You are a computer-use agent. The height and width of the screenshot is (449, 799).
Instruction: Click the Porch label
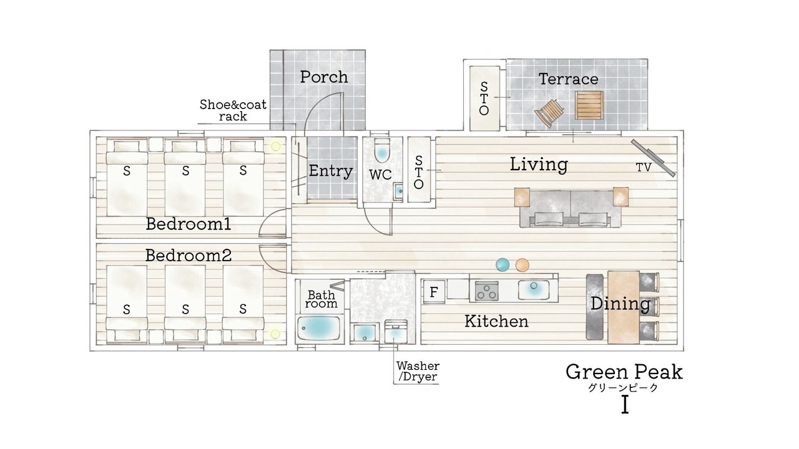click(324, 77)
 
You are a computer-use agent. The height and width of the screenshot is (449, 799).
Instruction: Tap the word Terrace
click(568, 79)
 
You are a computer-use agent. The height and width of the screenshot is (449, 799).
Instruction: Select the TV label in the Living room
click(644, 167)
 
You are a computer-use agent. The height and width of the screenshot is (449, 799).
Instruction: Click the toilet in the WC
click(382, 150)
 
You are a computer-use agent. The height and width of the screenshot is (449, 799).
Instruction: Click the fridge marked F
click(434, 292)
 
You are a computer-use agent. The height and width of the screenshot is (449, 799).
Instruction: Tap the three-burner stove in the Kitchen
click(486, 291)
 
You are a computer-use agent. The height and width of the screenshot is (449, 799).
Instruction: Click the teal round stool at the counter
click(502, 264)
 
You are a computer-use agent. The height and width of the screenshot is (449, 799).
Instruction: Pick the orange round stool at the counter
click(522, 265)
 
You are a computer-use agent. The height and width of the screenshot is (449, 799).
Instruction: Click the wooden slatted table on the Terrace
click(589, 105)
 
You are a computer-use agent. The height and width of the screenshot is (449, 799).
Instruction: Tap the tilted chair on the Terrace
click(549, 113)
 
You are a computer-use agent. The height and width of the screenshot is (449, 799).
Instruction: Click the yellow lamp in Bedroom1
click(275, 146)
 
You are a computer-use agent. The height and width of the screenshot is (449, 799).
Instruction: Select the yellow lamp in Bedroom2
click(275, 334)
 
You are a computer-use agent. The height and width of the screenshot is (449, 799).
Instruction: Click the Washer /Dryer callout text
click(418, 371)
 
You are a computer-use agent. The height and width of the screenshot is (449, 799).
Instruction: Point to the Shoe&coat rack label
click(233, 110)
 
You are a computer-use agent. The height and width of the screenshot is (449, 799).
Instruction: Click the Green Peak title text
click(624, 372)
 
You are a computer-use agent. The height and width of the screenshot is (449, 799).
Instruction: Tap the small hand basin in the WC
click(398, 191)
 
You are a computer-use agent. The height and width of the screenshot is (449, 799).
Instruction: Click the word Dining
click(620, 304)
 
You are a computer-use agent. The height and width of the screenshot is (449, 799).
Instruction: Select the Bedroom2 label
click(189, 256)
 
